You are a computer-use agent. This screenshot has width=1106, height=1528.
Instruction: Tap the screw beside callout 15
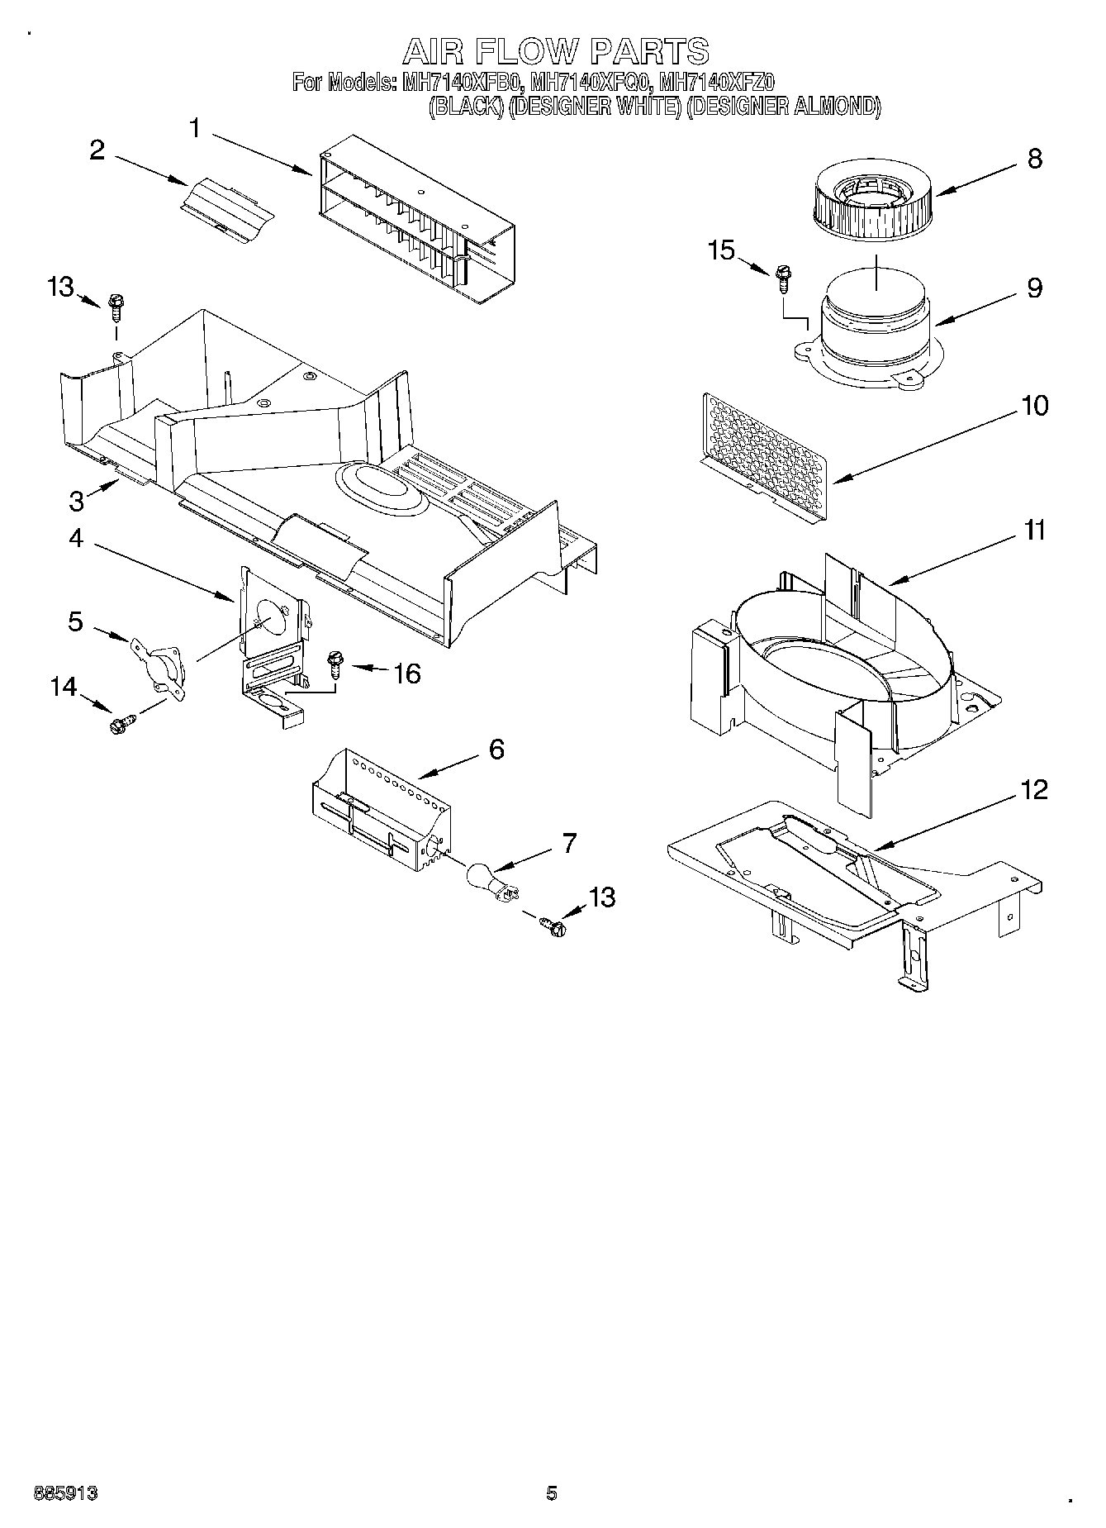click(780, 279)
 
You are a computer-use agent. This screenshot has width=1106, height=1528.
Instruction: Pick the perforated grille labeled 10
click(763, 457)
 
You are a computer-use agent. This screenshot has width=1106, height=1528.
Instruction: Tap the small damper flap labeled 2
click(227, 212)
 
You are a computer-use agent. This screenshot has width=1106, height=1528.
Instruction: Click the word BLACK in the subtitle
click(466, 107)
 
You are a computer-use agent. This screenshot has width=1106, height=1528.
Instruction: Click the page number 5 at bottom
click(552, 1492)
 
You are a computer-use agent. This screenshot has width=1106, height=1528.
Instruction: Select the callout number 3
click(77, 500)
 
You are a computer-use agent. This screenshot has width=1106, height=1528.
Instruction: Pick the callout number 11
click(1034, 530)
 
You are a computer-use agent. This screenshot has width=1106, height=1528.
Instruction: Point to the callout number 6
click(496, 749)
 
